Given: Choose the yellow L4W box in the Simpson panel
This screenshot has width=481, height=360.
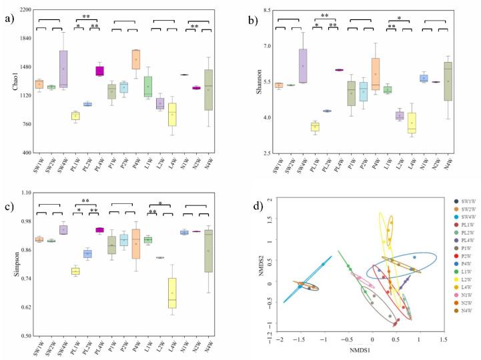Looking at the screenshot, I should coord(172,293).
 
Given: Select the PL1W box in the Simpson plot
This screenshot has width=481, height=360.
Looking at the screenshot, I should coord(75,271).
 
